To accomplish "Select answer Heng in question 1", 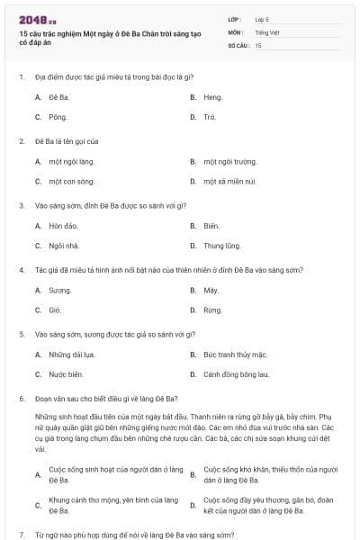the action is point(212,96).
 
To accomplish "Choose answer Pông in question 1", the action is point(58,117).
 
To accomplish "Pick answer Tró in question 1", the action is point(210,117).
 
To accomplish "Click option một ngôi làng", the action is point(71,161).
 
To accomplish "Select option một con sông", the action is point(71,181).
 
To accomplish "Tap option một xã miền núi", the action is point(229,181).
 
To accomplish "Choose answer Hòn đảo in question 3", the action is point(63,225).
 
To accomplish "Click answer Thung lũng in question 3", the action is point(221,245).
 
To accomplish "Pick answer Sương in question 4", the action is point(59,290).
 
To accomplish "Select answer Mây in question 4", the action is point(211,290).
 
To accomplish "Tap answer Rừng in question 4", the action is point(212,310).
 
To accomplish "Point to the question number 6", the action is point(21,398).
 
